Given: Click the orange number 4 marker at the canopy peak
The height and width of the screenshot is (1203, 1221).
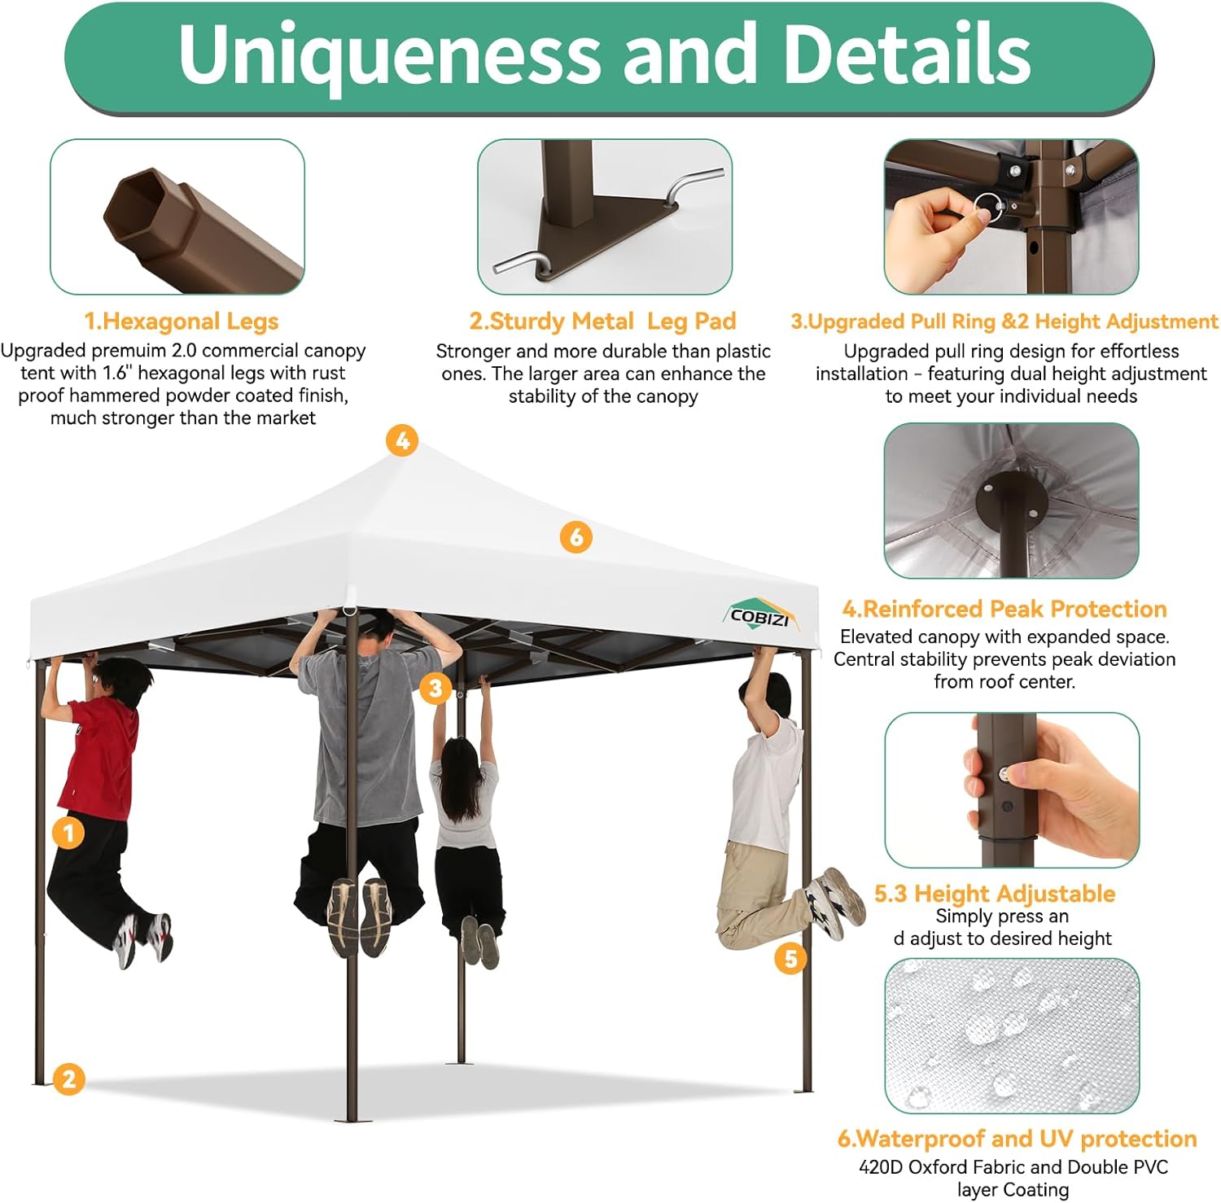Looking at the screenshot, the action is click(402, 441).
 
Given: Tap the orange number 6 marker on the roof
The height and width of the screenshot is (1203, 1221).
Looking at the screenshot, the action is click(576, 537).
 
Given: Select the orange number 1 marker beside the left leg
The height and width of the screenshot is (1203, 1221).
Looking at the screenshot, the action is click(68, 832).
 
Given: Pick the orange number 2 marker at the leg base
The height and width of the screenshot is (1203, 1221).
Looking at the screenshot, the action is click(68, 1079).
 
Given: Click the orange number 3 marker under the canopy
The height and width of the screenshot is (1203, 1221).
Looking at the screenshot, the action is click(435, 689).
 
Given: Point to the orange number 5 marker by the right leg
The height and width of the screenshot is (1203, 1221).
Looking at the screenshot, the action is click(790, 958).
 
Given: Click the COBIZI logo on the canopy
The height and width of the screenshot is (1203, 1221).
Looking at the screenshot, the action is click(761, 616).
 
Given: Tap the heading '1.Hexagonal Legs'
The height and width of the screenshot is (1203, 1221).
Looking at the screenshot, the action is click(182, 322).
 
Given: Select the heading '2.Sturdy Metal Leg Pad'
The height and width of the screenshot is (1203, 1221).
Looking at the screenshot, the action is click(602, 322).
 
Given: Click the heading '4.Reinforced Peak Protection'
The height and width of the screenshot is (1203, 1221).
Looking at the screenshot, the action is click(1004, 609).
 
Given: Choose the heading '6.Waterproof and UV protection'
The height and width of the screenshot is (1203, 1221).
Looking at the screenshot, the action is click(1017, 1138).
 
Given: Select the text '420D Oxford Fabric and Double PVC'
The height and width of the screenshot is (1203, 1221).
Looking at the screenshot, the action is click(1013, 1167).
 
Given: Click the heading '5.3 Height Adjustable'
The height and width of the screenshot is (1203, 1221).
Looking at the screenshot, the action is click(995, 894).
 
